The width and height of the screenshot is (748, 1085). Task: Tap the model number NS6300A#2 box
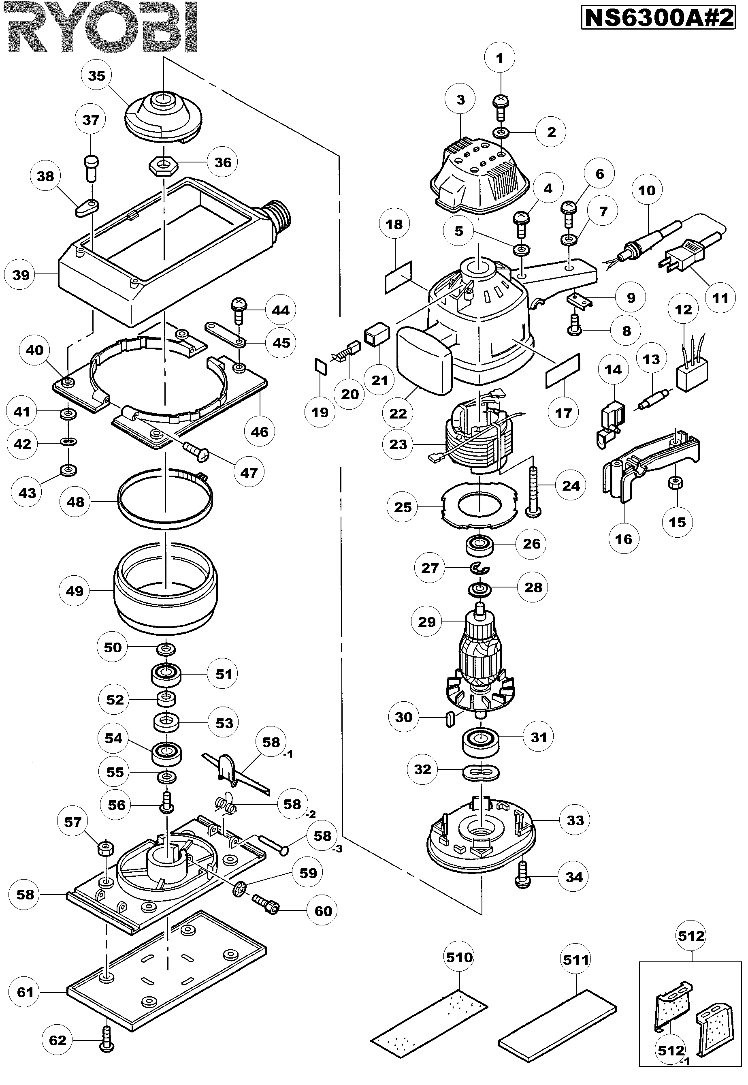tap(658, 18)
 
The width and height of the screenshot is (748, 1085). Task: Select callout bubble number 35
tap(96, 75)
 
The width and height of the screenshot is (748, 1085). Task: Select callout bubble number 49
tap(75, 591)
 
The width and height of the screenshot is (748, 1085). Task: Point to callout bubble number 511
tap(575, 960)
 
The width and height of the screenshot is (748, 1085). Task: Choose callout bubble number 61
tap(25, 992)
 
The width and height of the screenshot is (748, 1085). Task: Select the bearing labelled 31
tap(480, 742)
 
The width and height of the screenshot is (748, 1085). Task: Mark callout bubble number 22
tap(398, 413)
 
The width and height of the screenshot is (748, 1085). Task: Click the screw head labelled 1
tap(501, 101)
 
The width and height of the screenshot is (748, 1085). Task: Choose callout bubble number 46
tap(260, 431)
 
